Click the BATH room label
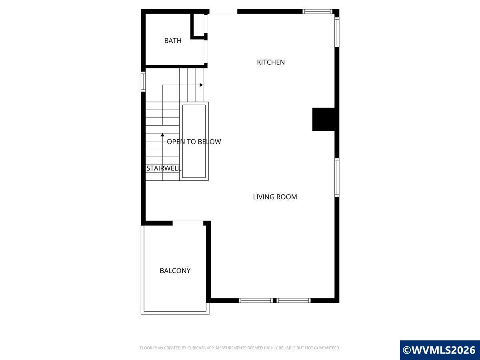[173, 41]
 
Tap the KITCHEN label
[271, 62]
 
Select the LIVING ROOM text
[275, 197]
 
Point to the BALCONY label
[175, 271]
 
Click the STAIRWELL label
[164, 168]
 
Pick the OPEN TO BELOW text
[194, 142]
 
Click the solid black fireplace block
[324, 119]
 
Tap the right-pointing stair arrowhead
[202, 85]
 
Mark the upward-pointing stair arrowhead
[162, 135]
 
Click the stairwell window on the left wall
[143, 82]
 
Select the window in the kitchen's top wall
[317, 11]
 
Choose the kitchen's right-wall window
[337, 32]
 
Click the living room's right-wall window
[337, 177]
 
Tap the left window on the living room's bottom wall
[256, 300]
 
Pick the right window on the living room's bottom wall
[294, 300]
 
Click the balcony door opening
[188, 223]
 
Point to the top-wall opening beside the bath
[223, 11]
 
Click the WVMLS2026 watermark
[440, 350]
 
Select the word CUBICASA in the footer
[196, 348]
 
